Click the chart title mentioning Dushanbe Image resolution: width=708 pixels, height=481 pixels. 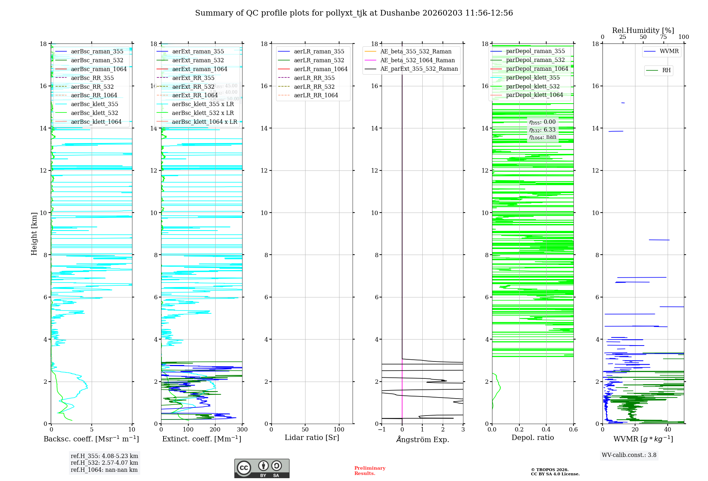(x=354, y=13)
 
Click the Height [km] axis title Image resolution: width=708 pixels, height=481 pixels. (x=34, y=233)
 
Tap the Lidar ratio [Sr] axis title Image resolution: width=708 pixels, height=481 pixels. (x=312, y=437)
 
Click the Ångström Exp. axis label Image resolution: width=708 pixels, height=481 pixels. (x=422, y=440)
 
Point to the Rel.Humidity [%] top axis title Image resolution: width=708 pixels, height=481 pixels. (x=643, y=30)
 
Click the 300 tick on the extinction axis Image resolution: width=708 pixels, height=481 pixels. (x=242, y=430)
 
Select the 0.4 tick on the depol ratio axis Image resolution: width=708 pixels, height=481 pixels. (x=546, y=430)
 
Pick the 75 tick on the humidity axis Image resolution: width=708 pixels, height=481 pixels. (x=663, y=37)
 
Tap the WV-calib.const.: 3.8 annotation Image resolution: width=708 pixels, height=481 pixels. (x=629, y=455)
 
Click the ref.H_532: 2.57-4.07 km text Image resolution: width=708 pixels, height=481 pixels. (x=104, y=463)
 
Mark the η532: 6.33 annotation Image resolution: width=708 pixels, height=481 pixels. (x=542, y=130)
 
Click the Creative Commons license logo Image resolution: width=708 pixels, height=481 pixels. (x=262, y=469)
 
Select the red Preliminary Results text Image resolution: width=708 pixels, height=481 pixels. (x=370, y=471)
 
